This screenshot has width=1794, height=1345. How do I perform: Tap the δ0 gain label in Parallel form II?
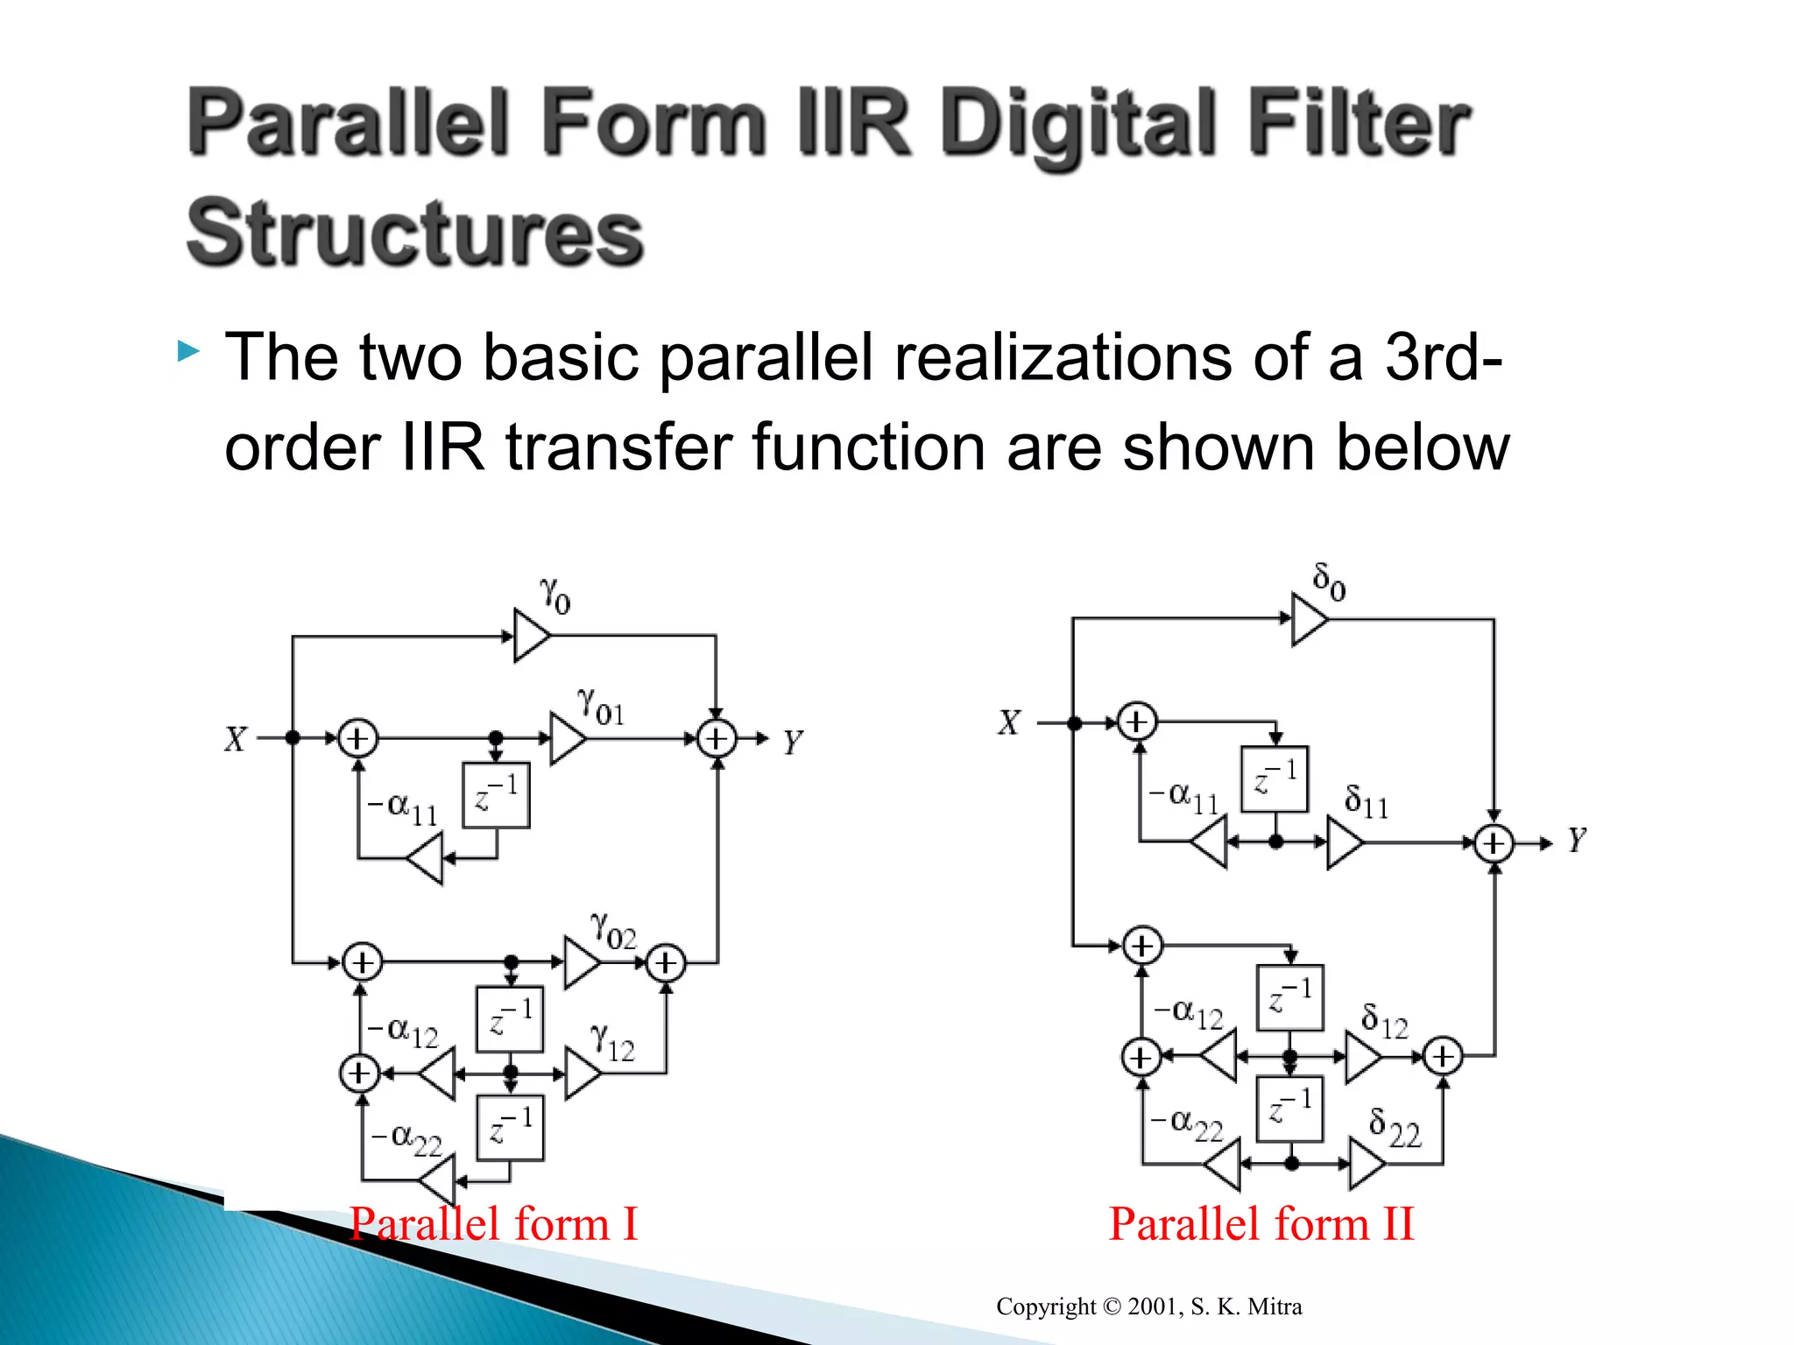click(x=1329, y=581)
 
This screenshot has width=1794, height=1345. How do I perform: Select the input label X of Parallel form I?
click(x=235, y=740)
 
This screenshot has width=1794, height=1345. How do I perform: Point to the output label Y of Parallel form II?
click(x=1577, y=841)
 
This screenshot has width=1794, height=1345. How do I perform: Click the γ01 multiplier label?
click(x=601, y=708)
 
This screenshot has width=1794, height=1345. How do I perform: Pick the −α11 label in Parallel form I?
click(x=402, y=807)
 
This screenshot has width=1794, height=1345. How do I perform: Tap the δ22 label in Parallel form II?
click(x=1395, y=1128)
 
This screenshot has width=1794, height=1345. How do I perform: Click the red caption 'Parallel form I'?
click(x=493, y=1223)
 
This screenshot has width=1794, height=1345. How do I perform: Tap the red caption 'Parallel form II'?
click(x=1261, y=1223)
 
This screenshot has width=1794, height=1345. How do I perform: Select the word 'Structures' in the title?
click(x=415, y=233)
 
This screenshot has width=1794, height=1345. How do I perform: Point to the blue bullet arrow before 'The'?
click(x=188, y=353)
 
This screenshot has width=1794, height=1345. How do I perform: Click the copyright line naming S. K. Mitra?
click(x=1148, y=1306)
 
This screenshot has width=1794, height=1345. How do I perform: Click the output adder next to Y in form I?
click(x=717, y=739)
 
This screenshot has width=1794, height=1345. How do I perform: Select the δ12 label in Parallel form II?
click(x=1384, y=1022)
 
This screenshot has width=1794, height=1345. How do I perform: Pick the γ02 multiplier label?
click(x=613, y=932)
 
